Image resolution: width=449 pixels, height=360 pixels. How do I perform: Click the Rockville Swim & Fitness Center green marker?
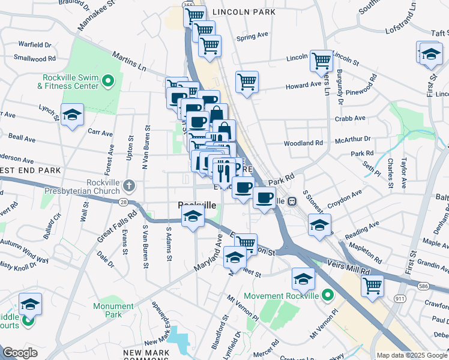108,80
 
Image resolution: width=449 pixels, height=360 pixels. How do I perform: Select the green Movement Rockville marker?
327,295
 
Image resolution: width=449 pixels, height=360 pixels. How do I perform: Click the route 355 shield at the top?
188,5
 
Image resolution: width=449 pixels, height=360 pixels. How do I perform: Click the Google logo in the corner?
20,353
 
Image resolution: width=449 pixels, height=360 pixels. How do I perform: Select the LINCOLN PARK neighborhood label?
244,12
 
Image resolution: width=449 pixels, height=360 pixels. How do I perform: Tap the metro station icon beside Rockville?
293,202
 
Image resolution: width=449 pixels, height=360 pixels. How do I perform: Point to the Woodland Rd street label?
303,143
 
